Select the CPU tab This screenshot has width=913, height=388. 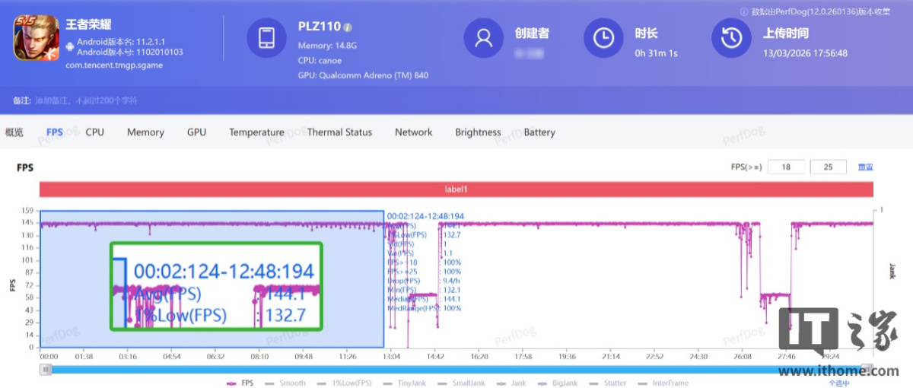coord(94,132)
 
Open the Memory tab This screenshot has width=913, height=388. coord(145,132)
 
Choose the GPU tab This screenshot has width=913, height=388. coord(196,132)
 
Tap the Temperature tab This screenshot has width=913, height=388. coord(256,132)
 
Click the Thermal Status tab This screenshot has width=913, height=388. coord(339,132)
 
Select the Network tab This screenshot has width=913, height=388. coord(413,132)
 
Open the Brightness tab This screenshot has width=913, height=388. coord(478,132)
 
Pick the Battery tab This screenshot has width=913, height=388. coord(539,132)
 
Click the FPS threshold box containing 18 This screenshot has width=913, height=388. coord(786,167)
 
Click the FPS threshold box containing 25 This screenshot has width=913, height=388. coord(829,167)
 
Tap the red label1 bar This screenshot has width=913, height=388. coord(456,189)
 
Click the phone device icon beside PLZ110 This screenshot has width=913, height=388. coord(266,38)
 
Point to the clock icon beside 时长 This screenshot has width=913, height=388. coord(603,38)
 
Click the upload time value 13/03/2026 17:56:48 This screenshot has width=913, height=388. coord(805,54)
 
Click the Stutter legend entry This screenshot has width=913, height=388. coord(610,383)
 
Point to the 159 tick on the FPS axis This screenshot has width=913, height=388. coord(27,210)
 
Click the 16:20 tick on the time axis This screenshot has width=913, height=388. coord(479,356)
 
